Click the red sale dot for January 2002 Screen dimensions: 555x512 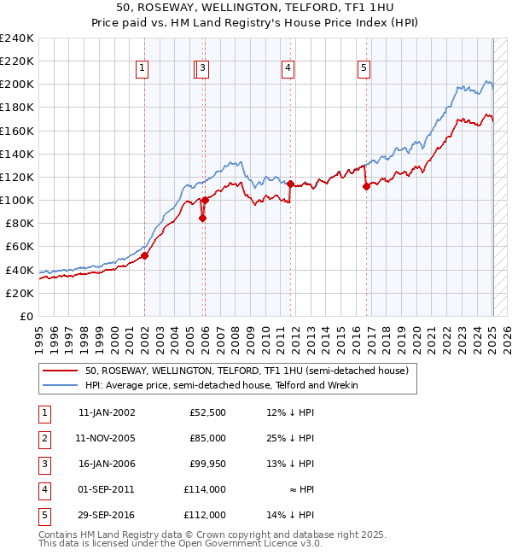point(145,254)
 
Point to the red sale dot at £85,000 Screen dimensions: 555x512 point(202,218)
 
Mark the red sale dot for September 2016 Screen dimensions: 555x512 point(366,186)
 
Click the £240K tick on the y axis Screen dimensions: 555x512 point(17,38)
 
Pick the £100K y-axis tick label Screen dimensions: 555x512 point(17,200)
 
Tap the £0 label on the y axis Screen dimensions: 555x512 point(26,316)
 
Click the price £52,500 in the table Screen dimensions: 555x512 point(207,412)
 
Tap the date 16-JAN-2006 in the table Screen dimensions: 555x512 point(106,464)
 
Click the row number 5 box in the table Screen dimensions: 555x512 point(43,515)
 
